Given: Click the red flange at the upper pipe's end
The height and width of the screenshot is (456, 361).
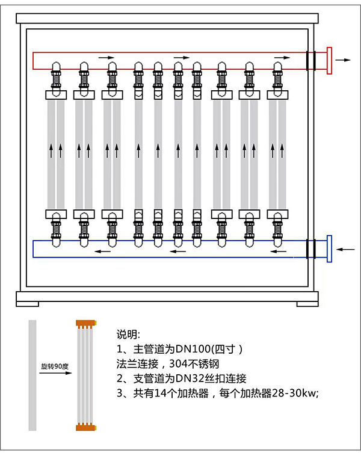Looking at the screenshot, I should [329, 61].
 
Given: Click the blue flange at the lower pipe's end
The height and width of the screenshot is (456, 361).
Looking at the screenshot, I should [329, 248].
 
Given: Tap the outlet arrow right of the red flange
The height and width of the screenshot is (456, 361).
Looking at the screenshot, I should [344, 61].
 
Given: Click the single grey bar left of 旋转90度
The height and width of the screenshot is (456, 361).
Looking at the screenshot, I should [32, 375].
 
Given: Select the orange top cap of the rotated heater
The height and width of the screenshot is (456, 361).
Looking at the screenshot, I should [86, 324].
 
